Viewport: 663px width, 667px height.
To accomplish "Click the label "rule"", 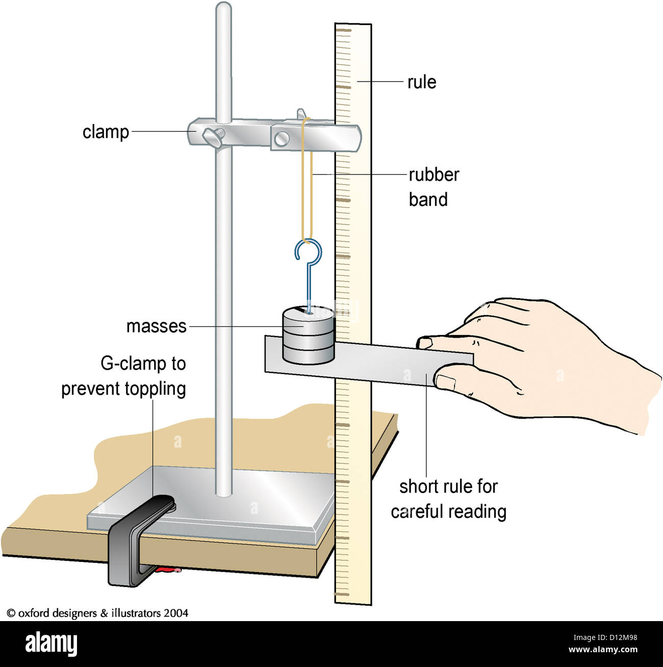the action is [421, 82].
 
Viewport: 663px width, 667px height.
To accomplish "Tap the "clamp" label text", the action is [106, 132].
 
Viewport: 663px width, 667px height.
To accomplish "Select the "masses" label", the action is [157, 326].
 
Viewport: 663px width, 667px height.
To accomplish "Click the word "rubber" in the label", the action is [434, 175].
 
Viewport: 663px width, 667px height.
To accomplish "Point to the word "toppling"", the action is [155, 390].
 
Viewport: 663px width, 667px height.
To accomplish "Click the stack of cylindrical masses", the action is [309, 335].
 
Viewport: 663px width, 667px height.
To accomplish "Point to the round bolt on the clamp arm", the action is [282, 139].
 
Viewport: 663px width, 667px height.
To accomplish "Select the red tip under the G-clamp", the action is [168, 569].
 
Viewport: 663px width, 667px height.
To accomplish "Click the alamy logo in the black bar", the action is [51, 644].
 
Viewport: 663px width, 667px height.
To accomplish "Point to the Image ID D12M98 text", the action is [605, 637].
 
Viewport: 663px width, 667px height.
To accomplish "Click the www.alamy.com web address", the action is [603, 649].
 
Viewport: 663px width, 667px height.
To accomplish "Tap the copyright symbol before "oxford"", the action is [11, 613].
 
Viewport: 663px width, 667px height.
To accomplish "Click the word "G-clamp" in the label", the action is [127, 364].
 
